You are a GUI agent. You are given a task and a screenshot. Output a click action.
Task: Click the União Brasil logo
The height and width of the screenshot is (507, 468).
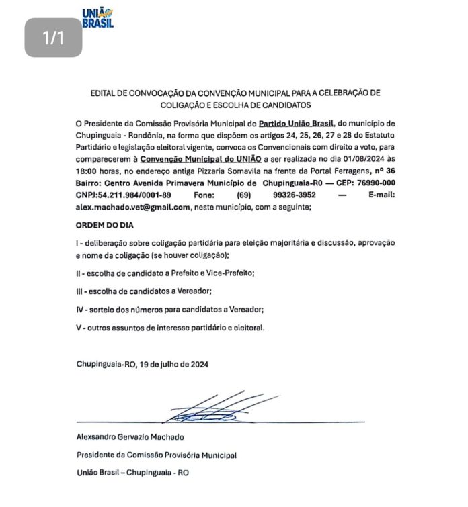(x=97, y=17)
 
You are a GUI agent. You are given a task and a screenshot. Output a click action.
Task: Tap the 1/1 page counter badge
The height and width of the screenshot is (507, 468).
(x=53, y=38)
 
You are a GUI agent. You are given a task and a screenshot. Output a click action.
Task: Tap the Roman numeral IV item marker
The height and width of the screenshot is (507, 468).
(x=79, y=310)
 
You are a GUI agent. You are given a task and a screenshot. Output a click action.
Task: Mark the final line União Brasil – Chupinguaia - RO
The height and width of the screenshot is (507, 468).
(x=132, y=473)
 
